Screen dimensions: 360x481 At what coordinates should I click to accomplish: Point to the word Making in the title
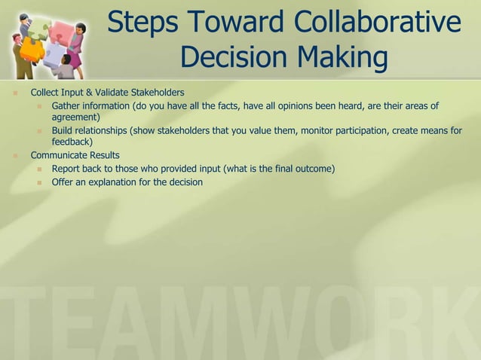pos(341,59)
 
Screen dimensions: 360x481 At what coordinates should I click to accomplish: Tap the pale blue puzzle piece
pos(53,53)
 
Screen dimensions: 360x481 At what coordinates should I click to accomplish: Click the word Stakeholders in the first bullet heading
pos(157,93)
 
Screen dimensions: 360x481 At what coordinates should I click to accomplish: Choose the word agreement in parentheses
pos(75,117)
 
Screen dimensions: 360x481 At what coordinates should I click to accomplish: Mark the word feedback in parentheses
pos(71,142)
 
